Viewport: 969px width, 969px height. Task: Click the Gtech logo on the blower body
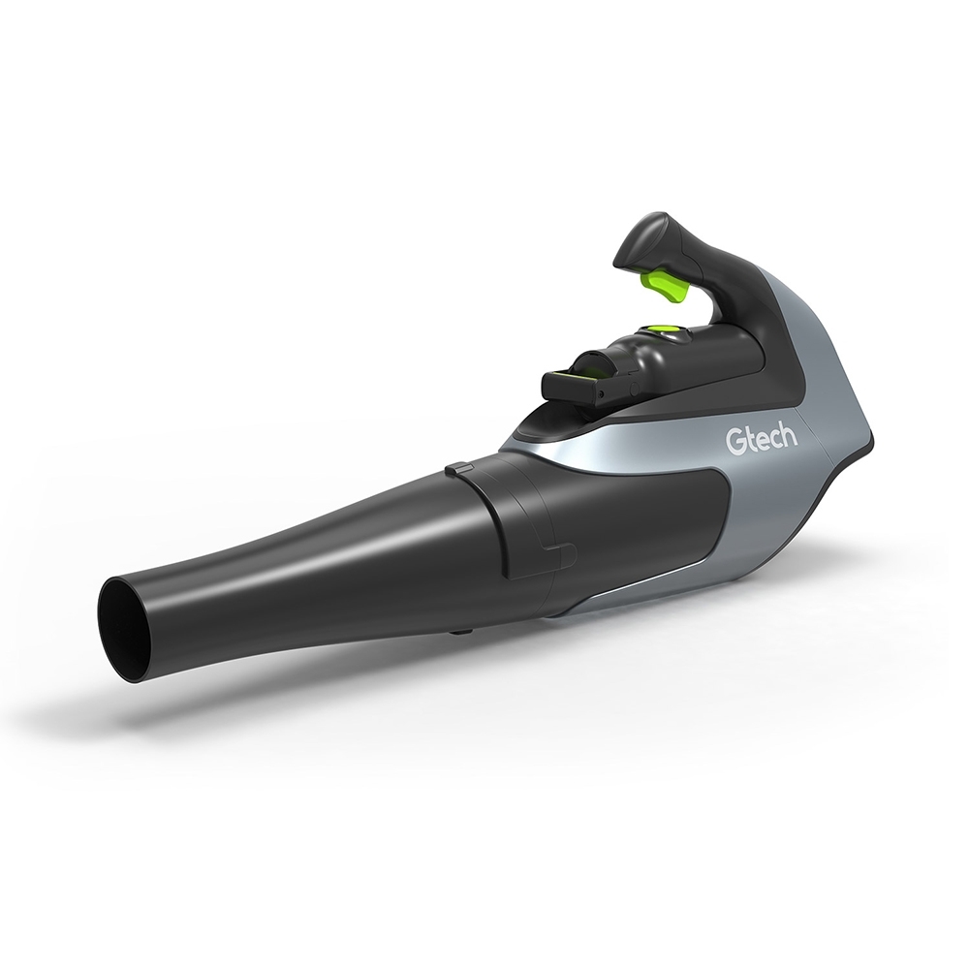tap(762, 439)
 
